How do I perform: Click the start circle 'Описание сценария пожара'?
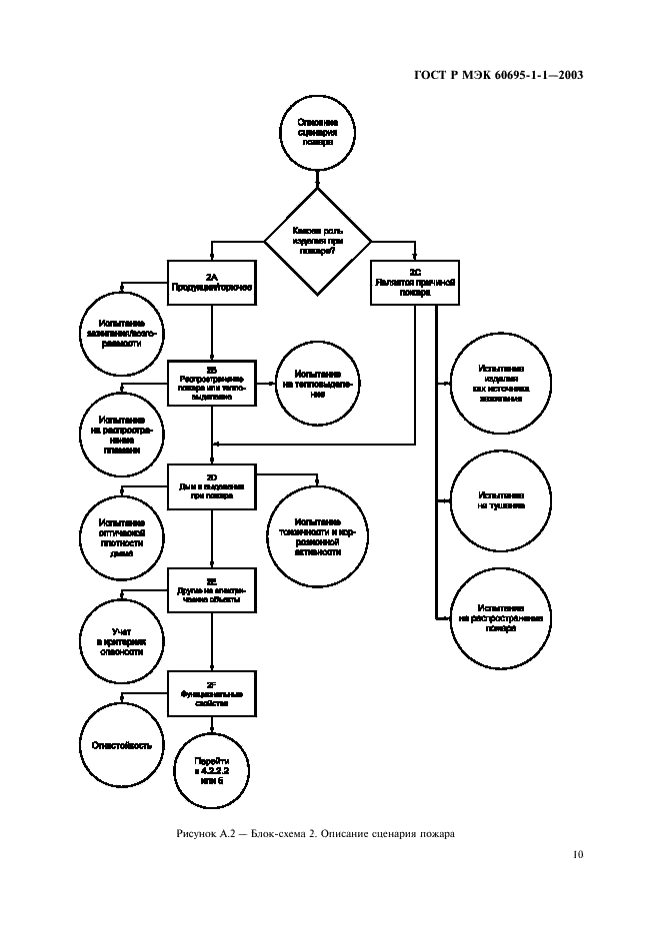(318, 132)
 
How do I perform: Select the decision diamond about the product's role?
(318, 240)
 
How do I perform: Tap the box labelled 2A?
(212, 281)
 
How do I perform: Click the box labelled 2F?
(212, 692)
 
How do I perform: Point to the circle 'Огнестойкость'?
(122, 746)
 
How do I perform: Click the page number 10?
(578, 854)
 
